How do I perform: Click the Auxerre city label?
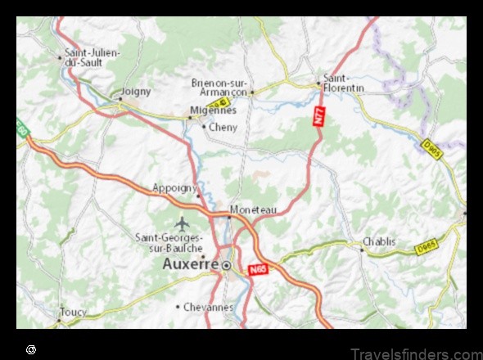click(x=190, y=264)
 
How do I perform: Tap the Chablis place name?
click(x=379, y=241)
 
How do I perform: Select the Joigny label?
click(x=136, y=92)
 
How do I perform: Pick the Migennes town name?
click(x=212, y=110)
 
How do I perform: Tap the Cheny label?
click(x=223, y=127)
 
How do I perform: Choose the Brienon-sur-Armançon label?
click(x=219, y=87)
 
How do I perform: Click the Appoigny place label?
click(x=174, y=187)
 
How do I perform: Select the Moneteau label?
click(x=254, y=209)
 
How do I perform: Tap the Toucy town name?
click(x=72, y=312)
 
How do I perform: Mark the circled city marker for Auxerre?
click(x=227, y=265)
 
